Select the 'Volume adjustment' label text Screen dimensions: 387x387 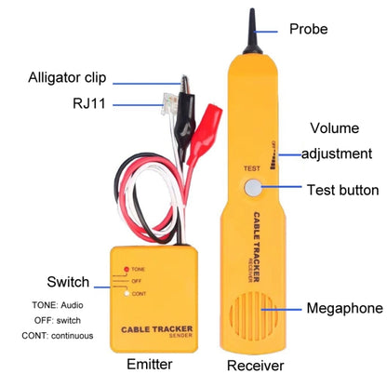coord(339,140)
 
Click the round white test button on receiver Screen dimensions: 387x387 coord(252,189)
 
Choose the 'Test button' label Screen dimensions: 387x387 coord(342,191)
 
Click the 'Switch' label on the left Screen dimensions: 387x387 coord(67,282)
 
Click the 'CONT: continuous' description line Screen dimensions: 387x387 coord(54,335)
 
